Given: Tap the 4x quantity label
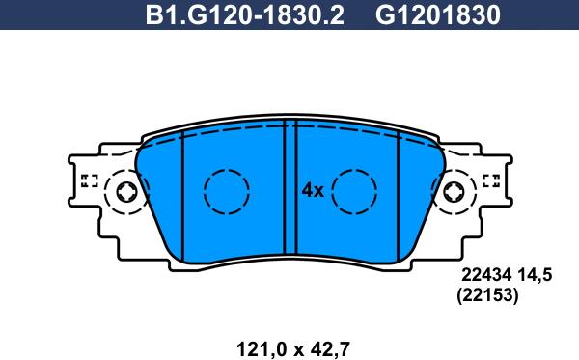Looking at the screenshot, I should (311, 190).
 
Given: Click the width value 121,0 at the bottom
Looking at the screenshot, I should (259, 344).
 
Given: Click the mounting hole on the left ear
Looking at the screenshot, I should (125, 193).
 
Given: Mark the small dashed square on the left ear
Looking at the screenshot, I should (89, 180).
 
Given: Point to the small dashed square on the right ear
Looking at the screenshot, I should (489, 180).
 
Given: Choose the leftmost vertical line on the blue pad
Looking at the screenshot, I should (181, 193).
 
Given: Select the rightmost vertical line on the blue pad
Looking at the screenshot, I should (398, 193).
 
